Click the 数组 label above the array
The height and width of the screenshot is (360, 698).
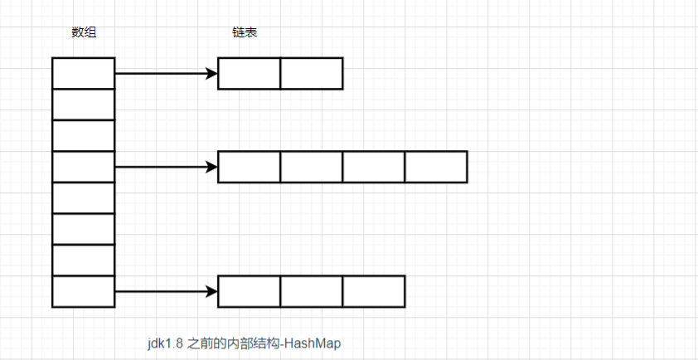click(84, 32)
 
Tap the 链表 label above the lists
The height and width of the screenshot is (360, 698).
click(245, 32)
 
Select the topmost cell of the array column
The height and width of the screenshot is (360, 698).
click(84, 73)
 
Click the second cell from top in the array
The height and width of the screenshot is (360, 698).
click(84, 105)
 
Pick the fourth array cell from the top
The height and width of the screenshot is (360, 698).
click(84, 167)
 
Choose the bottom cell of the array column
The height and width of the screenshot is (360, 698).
click(84, 292)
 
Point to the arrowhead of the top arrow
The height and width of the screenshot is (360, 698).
click(212, 74)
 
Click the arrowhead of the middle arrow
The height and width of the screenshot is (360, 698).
click(212, 167)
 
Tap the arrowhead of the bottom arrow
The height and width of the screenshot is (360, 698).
click(212, 292)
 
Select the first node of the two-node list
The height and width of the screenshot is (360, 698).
click(250, 74)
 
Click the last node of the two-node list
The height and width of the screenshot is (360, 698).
click(312, 74)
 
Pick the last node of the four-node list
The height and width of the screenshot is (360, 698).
click(436, 167)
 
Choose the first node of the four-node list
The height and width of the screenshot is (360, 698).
click(250, 167)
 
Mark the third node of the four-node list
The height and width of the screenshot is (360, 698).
click(374, 167)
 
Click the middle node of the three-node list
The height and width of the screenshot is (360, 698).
click(312, 292)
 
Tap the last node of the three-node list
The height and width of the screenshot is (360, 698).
click(374, 292)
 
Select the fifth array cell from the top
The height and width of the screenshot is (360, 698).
click(84, 198)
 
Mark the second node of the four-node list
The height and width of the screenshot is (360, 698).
click(312, 167)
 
